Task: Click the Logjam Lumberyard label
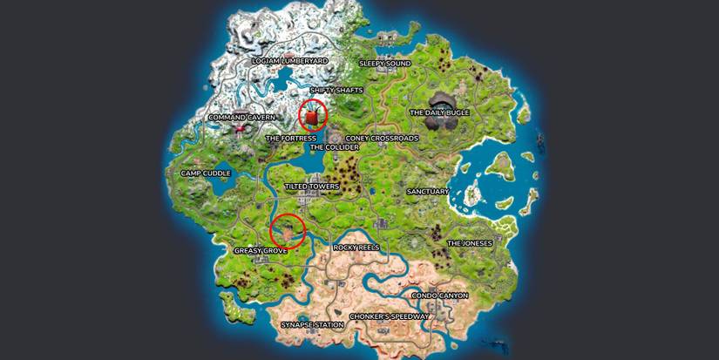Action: coord(289,61)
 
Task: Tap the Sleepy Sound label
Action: coord(385,64)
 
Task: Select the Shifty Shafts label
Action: coord(336,90)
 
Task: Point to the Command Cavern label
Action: coord(241,117)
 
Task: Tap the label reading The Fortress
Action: coord(290,138)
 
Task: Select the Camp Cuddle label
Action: coord(203,173)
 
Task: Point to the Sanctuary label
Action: coord(428,191)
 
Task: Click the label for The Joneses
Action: coord(470,243)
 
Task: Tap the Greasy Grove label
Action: coord(261,250)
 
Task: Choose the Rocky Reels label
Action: coord(356,248)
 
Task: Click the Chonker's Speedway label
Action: coord(389,316)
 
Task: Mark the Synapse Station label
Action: coord(312,324)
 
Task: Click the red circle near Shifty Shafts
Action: coord(313,115)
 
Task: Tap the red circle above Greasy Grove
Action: coord(287,231)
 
